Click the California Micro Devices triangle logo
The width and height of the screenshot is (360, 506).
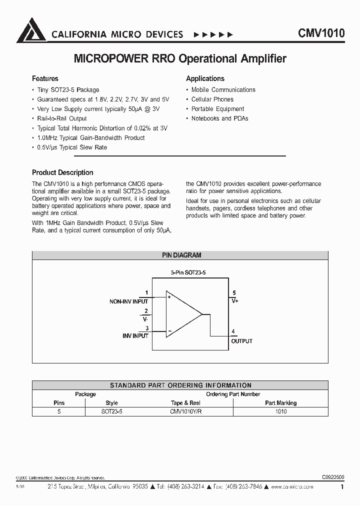[31, 31]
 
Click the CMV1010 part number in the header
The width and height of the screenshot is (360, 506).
[321, 34]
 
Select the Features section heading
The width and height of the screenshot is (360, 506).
[45, 78]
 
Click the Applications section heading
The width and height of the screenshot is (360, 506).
[205, 78]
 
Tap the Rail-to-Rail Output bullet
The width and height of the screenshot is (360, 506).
[62, 118]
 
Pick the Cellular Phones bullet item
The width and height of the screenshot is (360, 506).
[212, 99]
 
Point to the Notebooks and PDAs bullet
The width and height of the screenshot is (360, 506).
[220, 118]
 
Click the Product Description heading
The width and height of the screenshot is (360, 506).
[62, 172]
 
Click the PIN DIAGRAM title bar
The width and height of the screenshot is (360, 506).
[181, 255]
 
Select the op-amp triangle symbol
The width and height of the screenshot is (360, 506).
[182, 314]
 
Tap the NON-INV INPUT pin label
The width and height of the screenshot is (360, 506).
[128, 301]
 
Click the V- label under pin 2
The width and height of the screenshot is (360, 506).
[145, 318]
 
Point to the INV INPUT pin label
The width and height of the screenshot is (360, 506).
[135, 336]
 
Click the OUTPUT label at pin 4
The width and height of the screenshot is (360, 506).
[241, 341]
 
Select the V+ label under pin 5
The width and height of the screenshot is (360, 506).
[234, 301]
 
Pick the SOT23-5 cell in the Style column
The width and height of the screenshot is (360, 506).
[111, 411]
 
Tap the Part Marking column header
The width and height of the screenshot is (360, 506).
[280, 403]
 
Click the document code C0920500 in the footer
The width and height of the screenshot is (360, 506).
[330, 477]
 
